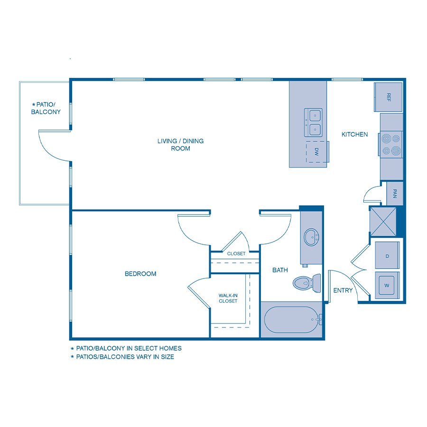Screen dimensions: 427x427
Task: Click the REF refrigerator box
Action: coord(389,97)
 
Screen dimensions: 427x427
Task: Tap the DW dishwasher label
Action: coord(316,152)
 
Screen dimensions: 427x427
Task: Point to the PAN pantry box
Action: coord(395,194)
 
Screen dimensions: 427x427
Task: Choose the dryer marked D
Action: coord(387,256)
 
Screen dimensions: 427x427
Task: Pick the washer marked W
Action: coord(387,286)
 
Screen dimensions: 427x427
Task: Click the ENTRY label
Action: coord(343,290)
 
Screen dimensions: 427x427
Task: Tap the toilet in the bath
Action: coord(305,283)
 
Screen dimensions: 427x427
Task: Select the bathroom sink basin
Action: coord(312,237)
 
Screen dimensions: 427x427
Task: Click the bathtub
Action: coord(290,320)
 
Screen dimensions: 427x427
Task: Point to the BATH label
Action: coord(280,270)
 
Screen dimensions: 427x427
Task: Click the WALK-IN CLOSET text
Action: coord(228,298)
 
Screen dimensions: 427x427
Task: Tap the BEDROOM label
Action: coord(140,274)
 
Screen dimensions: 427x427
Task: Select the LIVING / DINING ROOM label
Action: coord(180,145)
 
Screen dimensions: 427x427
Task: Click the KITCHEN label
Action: coord(354,134)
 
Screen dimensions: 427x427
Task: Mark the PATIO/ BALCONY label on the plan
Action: coord(46,108)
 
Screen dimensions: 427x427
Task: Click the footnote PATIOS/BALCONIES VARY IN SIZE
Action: coord(125,357)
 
